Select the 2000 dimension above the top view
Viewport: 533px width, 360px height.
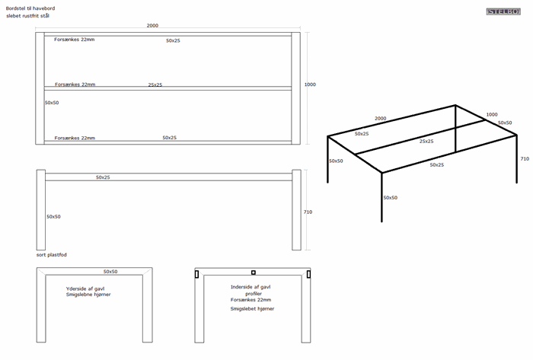click(152, 26)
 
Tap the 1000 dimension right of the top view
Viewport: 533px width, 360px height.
click(309, 84)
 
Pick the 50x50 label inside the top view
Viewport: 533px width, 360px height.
click(53, 102)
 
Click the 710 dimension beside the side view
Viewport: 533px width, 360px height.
click(308, 212)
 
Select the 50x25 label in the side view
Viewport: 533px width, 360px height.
click(103, 177)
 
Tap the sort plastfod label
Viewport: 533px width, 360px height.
click(51, 255)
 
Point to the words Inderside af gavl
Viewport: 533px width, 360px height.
click(251, 287)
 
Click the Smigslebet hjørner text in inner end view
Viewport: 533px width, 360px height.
click(252, 309)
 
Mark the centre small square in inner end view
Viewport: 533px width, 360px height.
click(254, 272)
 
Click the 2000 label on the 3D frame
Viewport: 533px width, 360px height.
click(381, 119)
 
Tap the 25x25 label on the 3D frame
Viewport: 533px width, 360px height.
click(426, 141)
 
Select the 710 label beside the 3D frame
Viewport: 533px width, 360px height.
click(524, 159)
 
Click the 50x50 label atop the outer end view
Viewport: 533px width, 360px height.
click(110, 271)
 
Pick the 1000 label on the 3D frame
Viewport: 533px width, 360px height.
click(492, 114)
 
